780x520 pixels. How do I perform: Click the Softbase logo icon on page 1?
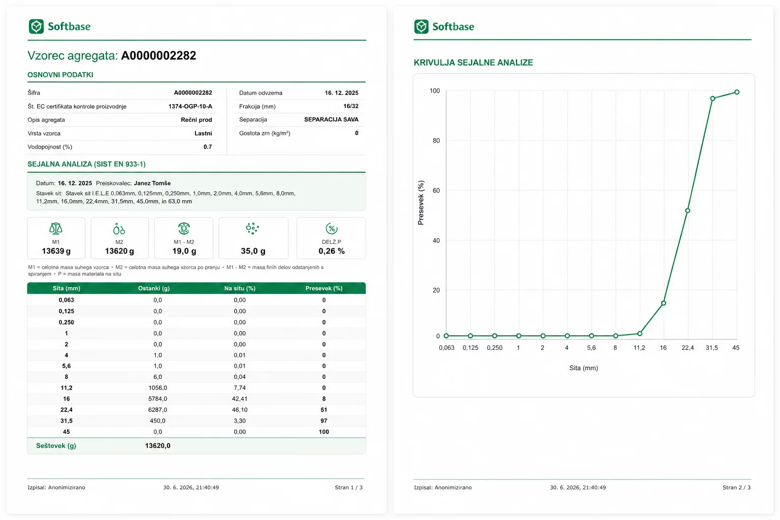36,26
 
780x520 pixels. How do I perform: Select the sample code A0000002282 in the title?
158,55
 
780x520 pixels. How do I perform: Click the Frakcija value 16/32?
351,106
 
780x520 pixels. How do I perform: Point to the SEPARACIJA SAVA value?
331,119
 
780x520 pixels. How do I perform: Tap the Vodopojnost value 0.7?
208,147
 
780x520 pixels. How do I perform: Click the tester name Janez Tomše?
152,183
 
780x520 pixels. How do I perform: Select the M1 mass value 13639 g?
56,251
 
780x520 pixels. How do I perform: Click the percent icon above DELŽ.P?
331,229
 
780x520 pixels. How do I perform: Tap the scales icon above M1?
56,229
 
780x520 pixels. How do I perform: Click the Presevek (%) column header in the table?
324,288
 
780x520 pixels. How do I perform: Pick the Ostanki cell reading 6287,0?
157,410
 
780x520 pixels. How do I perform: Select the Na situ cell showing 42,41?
240,399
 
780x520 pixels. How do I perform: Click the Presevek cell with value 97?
324,421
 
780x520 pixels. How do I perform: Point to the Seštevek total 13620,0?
157,446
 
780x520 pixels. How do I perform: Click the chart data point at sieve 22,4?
688,211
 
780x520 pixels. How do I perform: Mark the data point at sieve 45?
737,92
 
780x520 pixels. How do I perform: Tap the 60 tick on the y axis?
436,190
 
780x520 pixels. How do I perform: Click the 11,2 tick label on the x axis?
639,348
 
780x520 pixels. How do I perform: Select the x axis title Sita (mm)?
583,368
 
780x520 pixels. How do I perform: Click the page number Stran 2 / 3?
736,487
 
